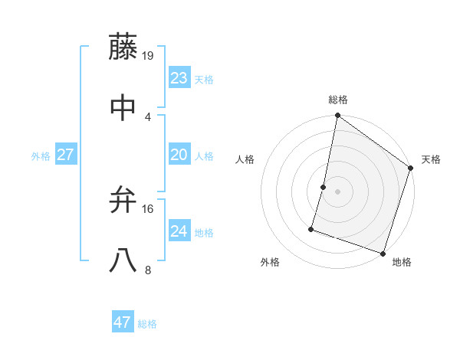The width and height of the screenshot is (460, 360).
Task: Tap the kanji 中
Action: click(123, 107)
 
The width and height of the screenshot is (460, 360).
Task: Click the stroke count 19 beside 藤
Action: click(149, 55)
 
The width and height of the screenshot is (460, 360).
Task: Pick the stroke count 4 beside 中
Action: click(148, 116)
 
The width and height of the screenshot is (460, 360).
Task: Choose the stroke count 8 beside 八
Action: click(148, 270)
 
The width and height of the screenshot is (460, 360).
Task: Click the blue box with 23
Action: click(179, 78)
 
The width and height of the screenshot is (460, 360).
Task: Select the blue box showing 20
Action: click(179, 155)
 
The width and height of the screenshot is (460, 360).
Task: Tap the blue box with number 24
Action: click(179, 231)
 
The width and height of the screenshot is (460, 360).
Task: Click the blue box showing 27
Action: click(66, 155)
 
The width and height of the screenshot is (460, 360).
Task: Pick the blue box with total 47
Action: click(123, 322)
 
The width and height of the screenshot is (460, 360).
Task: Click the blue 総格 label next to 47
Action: click(147, 324)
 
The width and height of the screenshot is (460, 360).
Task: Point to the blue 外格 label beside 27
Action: click(41, 156)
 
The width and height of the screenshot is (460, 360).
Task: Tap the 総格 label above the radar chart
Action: click(337, 100)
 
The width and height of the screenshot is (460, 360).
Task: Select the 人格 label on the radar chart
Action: click(245, 159)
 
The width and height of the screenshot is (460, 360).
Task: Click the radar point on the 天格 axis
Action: click(411, 169)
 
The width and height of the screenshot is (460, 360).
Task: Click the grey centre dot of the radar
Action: click(337, 191)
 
